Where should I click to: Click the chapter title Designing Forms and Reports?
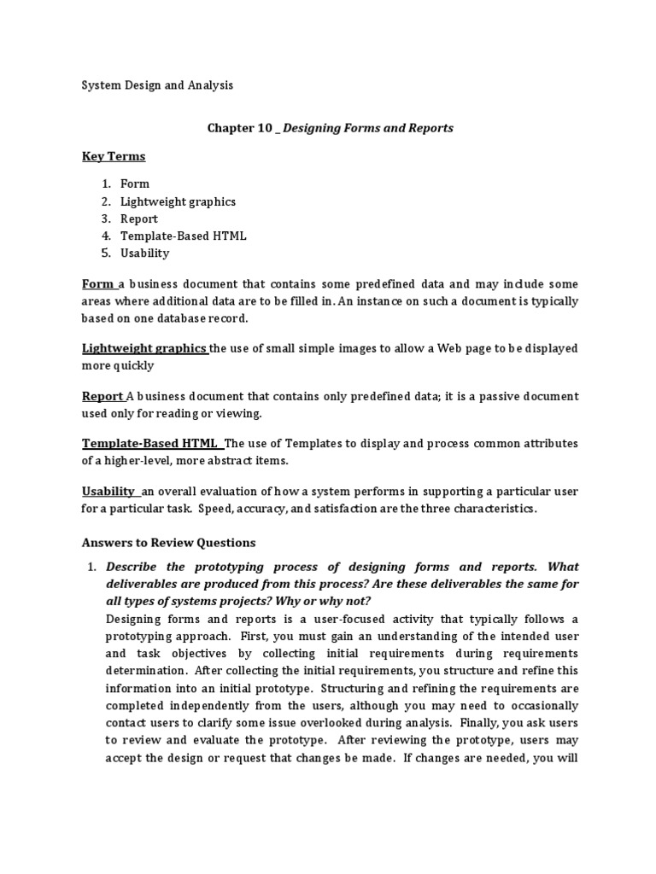click(367, 128)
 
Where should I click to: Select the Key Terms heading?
click(114, 156)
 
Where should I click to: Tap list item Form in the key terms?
click(135, 184)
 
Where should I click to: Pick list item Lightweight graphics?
click(178, 201)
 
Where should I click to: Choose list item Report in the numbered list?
click(139, 218)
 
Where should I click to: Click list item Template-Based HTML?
click(183, 236)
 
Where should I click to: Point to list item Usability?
click(145, 253)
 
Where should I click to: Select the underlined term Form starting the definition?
click(97, 283)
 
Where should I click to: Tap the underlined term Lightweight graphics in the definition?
click(143, 348)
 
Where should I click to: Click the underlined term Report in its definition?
click(102, 396)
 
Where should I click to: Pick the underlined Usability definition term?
click(108, 492)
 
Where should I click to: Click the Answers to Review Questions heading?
click(168, 543)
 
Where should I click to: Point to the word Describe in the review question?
click(132, 567)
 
